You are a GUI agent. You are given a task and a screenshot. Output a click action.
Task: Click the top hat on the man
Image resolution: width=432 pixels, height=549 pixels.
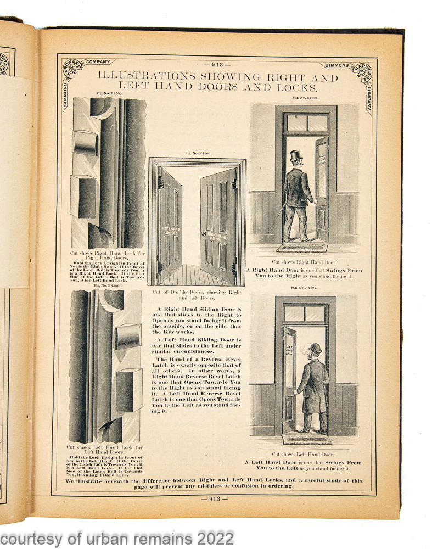[296, 156]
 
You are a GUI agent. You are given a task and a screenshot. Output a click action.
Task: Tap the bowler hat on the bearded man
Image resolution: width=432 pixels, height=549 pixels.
[315, 348]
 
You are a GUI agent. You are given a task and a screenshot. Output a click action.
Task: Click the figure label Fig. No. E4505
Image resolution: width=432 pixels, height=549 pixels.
[197, 153]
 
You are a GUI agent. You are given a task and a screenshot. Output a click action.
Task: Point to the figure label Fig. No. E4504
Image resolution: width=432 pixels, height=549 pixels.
[305, 97]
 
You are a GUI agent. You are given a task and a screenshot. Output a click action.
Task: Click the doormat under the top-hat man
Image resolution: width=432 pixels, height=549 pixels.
[301, 248]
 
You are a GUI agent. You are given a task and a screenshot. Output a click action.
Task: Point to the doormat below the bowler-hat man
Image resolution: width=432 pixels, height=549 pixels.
[307, 440]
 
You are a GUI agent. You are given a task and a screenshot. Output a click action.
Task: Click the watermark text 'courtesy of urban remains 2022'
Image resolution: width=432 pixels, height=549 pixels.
[117, 537]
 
